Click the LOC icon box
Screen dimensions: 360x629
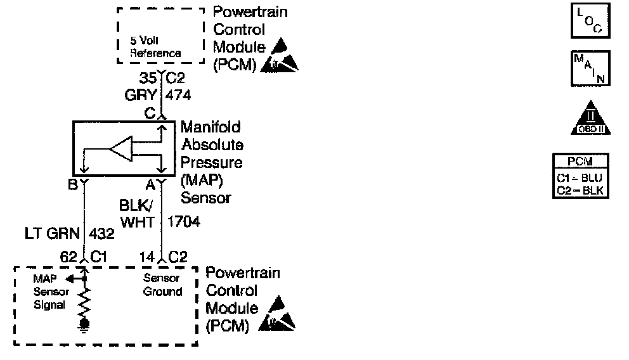pos(590,23)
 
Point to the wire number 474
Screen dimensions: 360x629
pos(178,95)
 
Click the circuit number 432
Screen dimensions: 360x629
pos(101,234)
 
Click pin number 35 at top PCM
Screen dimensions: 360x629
pos(149,79)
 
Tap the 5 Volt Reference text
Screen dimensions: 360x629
pos(155,47)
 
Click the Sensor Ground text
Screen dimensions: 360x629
pos(163,285)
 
